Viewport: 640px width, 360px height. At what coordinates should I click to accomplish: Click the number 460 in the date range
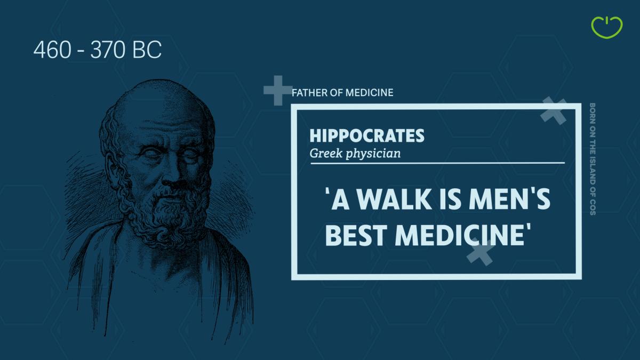(x=52, y=50)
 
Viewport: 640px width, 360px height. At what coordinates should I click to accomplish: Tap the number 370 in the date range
(x=108, y=50)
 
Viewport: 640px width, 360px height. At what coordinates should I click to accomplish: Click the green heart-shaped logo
(x=607, y=27)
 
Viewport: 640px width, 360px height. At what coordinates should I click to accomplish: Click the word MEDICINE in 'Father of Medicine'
(x=369, y=93)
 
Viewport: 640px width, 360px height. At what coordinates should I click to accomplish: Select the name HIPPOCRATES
(x=367, y=135)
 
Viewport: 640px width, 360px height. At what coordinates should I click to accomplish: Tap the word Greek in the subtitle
(x=326, y=154)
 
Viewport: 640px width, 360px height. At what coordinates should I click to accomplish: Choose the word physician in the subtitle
(x=373, y=154)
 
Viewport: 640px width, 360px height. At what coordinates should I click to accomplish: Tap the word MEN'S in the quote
(x=509, y=199)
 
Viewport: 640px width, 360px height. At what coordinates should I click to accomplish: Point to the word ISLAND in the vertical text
(x=593, y=170)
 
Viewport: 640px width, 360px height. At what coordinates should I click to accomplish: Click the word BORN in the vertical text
(x=593, y=114)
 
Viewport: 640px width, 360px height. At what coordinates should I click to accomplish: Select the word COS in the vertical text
(x=593, y=207)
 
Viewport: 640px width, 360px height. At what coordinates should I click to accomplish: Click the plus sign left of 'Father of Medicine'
(x=278, y=91)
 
